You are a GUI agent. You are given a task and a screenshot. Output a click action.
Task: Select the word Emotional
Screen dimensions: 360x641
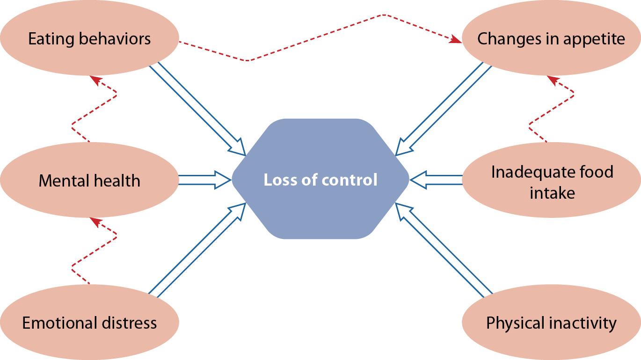pos(59,323)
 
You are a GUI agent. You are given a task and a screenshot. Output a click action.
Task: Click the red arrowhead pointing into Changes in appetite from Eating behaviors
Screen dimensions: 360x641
pos(455,41)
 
